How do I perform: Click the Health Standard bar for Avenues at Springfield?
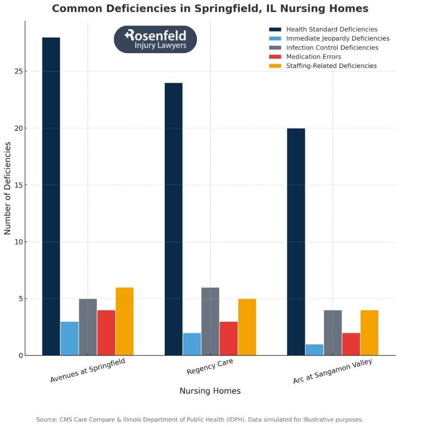tap(51, 196)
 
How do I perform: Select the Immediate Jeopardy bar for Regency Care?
tap(192, 344)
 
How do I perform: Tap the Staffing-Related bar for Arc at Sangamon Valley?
tap(369, 332)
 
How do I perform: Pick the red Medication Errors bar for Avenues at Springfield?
tap(106, 332)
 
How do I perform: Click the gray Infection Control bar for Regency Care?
tap(210, 321)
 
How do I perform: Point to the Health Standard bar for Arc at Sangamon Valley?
tap(296, 242)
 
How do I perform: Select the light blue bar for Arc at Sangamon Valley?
tap(314, 350)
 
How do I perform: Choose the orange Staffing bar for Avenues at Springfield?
tap(125, 321)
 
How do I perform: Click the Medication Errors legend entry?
tap(313, 57)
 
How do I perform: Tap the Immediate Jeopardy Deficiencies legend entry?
tap(338, 38)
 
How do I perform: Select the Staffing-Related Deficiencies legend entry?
tap(331, 66)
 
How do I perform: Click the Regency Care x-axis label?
tap(210, 366)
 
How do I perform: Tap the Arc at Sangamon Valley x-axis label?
tap(332, 371)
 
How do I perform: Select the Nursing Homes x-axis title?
tap(210, 391)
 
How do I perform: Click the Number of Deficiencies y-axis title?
tap(8, 188)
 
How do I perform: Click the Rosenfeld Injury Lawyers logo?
tap(155, 39)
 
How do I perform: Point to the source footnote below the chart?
tap(200, 420)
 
